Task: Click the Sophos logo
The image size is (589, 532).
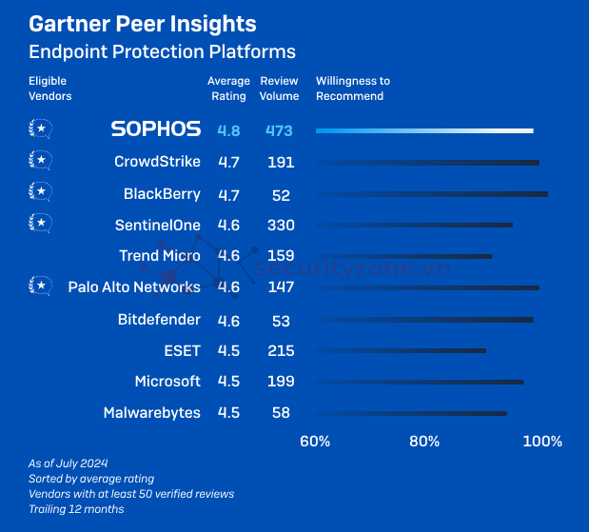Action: (156, 129)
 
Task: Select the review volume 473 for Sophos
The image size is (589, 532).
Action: (280, 130)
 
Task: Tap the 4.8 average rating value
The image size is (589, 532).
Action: (228, 130)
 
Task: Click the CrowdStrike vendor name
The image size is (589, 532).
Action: (157, 162)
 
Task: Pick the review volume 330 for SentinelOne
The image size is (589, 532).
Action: (281, 226)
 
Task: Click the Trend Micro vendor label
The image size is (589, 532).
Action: (160, 256)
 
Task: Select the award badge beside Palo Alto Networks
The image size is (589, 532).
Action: (40, 286)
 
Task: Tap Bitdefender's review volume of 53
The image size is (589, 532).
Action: (280, 320)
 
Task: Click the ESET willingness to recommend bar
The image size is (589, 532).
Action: (401, 350)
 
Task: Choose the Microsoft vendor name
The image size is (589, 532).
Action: (167, 382)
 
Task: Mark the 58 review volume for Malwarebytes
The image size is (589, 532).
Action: (280, 413)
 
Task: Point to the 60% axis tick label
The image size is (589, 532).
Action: (315, 442)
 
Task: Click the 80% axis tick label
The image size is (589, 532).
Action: (424, 442)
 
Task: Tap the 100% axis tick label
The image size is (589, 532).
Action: (542, 442)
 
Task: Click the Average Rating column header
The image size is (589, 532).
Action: (228, 89)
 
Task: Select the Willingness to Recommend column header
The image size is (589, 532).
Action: (352, 89)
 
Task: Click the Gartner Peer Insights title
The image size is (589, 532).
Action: (143, 24)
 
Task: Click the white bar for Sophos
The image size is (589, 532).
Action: (424, 130)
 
